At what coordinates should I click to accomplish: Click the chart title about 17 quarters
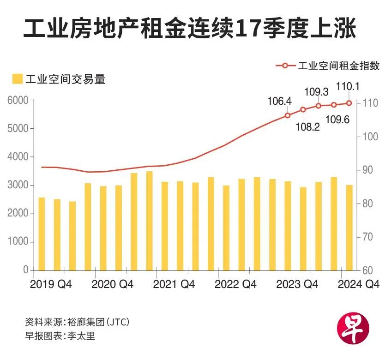click(190, 29)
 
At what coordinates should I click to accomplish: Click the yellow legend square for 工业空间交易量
click(17, 79)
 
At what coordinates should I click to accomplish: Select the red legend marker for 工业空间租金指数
click(285, 66)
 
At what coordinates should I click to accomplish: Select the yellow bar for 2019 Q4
click(42, 234)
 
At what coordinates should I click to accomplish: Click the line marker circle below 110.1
click(349, 103)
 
